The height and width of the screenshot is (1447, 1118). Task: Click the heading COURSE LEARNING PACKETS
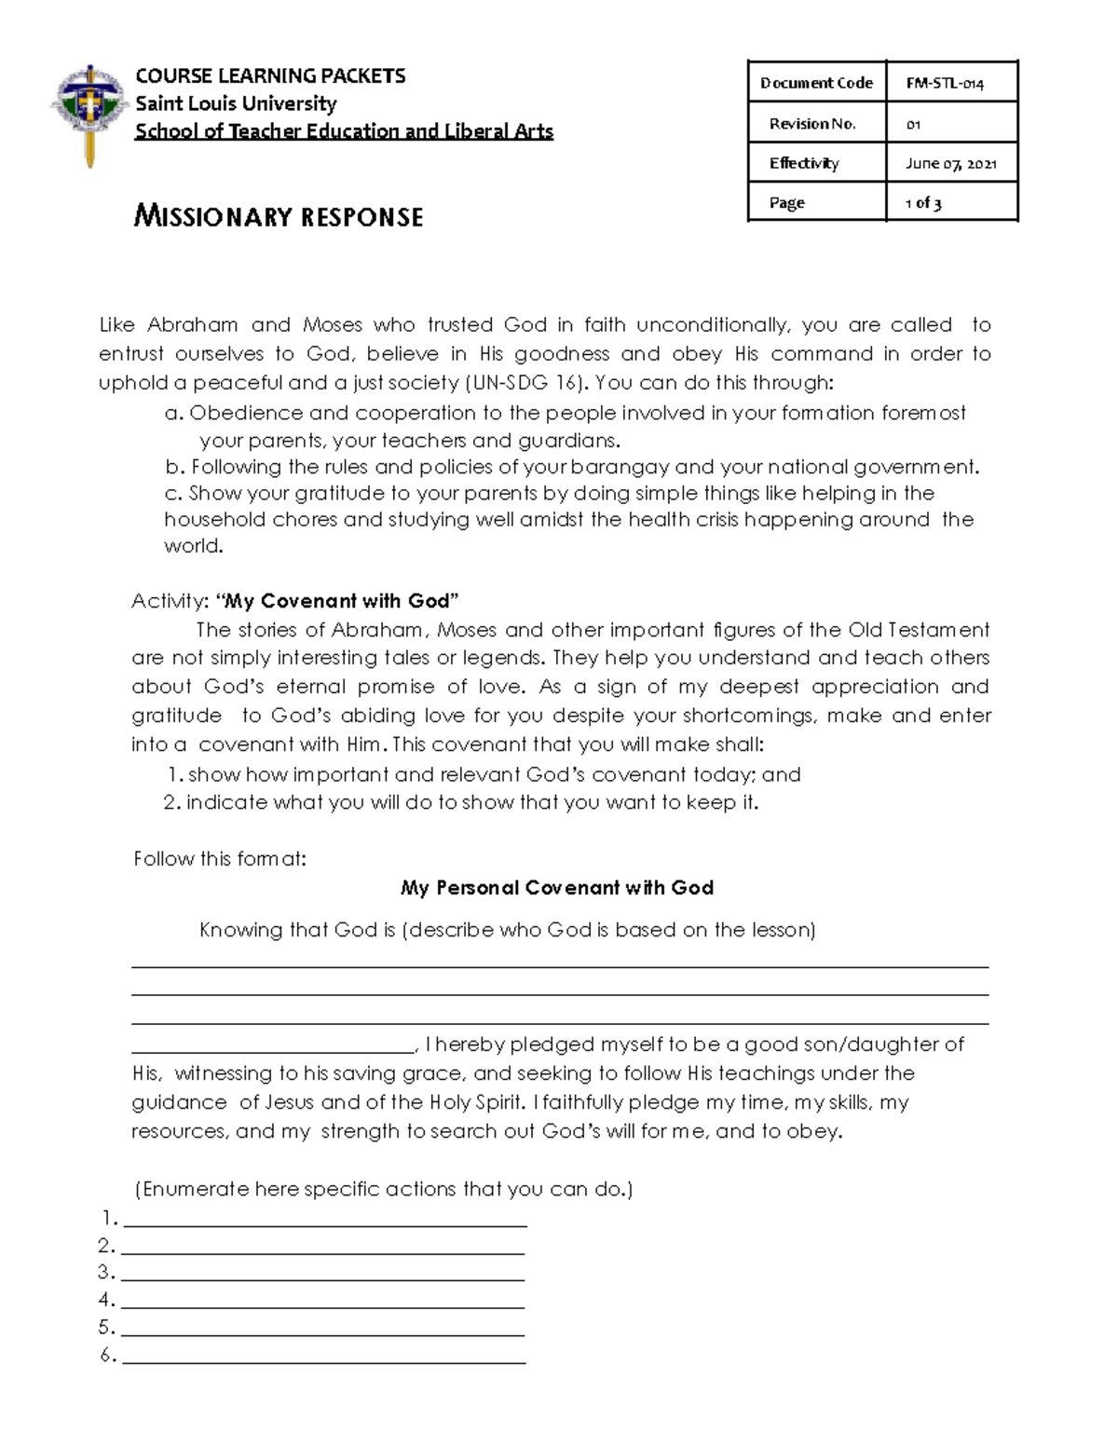270,75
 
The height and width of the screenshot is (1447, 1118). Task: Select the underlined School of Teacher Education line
344,131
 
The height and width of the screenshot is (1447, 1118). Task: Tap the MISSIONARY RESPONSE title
279,217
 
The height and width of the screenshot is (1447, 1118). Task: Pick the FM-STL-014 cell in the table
945,83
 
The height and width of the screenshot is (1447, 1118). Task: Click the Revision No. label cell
812,123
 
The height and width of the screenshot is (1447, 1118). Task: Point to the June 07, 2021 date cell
950,163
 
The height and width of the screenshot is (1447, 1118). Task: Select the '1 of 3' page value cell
923,202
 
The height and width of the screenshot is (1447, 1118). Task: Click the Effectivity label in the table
804,163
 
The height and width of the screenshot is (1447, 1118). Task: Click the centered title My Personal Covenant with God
557,888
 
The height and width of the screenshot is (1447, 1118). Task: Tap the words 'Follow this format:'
220,858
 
